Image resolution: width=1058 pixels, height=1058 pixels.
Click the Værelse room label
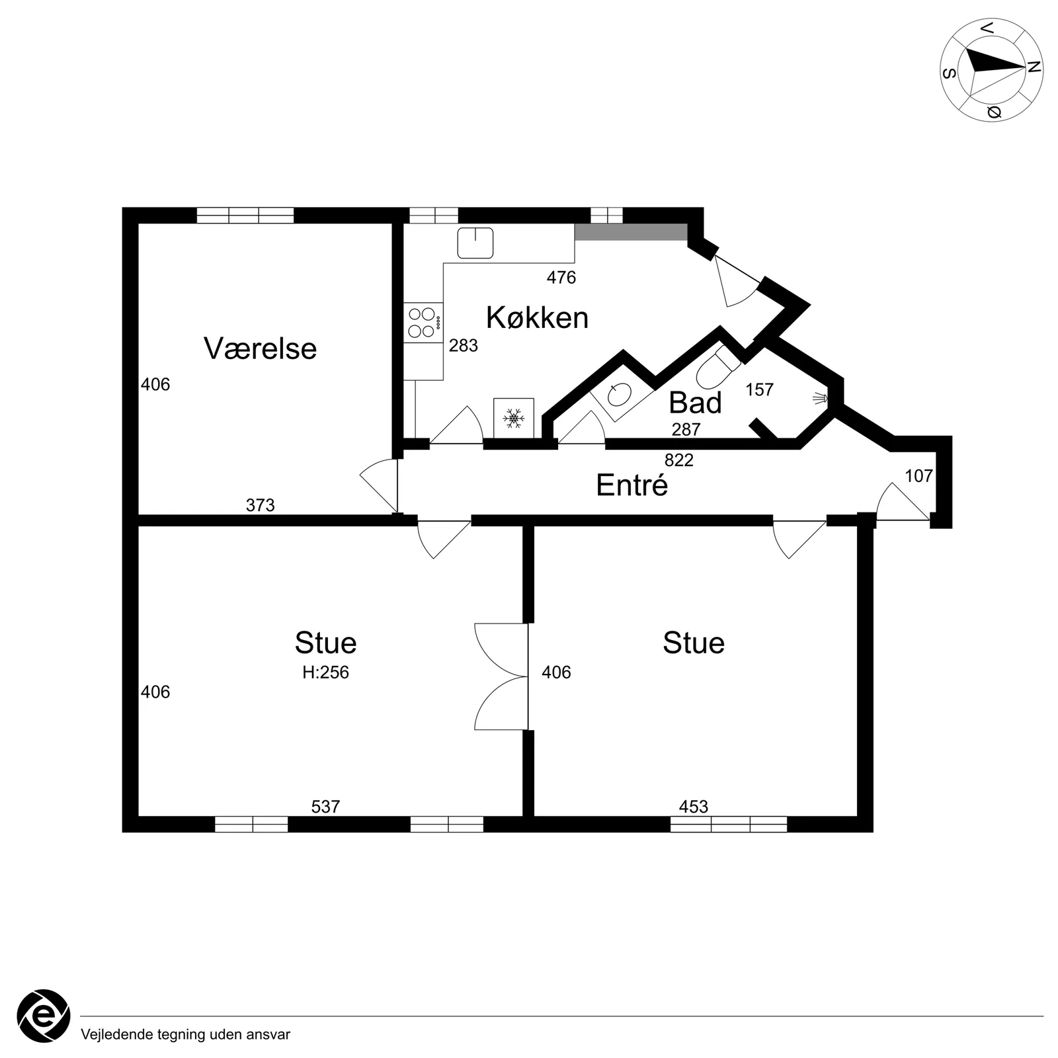260,348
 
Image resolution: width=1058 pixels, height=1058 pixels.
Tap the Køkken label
537,317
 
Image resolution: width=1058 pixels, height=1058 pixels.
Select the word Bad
695,403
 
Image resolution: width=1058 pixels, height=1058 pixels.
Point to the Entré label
631,485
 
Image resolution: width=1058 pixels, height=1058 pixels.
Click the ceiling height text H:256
325,672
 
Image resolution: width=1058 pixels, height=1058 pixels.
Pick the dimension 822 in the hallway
679,460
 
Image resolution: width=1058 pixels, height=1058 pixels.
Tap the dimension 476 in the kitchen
561,278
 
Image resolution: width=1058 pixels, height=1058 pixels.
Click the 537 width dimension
325,807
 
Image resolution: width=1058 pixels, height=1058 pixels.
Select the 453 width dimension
694,807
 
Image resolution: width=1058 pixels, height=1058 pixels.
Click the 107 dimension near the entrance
918,475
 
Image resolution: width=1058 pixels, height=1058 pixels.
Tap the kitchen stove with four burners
423,323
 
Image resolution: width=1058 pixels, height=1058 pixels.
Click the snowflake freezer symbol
514,418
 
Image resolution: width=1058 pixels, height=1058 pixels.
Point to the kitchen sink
475,243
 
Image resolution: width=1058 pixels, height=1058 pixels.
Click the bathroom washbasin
620,395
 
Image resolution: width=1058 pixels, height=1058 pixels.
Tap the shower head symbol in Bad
821,398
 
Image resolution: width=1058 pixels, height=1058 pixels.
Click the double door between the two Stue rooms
501,676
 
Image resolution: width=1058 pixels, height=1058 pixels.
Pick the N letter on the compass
1034,67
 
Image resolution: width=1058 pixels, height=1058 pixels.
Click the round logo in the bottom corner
44,1016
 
